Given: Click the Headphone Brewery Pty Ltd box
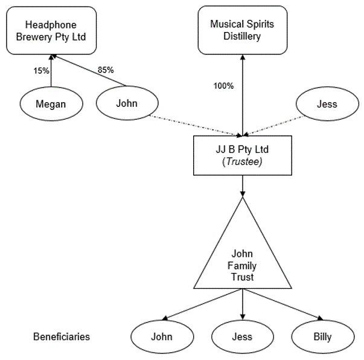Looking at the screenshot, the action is click(51, 31).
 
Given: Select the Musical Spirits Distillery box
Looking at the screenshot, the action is click(243, 30).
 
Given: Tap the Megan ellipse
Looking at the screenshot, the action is click(51, 104).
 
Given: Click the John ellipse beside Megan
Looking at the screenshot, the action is click(127, 103).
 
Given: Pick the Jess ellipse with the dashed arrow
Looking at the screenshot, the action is click(327, 104).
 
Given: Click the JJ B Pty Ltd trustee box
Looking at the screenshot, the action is click(243, 155).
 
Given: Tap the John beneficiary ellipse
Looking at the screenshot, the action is click(162, 337).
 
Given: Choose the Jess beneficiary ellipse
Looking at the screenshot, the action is click(243, 337).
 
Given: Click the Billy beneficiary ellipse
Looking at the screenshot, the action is click(323, 337).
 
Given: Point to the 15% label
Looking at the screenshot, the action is click(41, 71).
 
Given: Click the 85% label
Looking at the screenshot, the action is click(106, 69).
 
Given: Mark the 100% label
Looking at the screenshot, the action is click(223, 86).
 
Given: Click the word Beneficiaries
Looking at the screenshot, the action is click(62, 337).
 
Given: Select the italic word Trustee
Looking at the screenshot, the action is click(244, 162).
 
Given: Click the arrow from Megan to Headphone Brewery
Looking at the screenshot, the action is click(51, 71).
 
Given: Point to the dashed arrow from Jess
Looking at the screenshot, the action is click(273, 126).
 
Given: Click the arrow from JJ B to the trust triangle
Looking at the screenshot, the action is click(243, 186).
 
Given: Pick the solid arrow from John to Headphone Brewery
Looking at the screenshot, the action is click(89, 71).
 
